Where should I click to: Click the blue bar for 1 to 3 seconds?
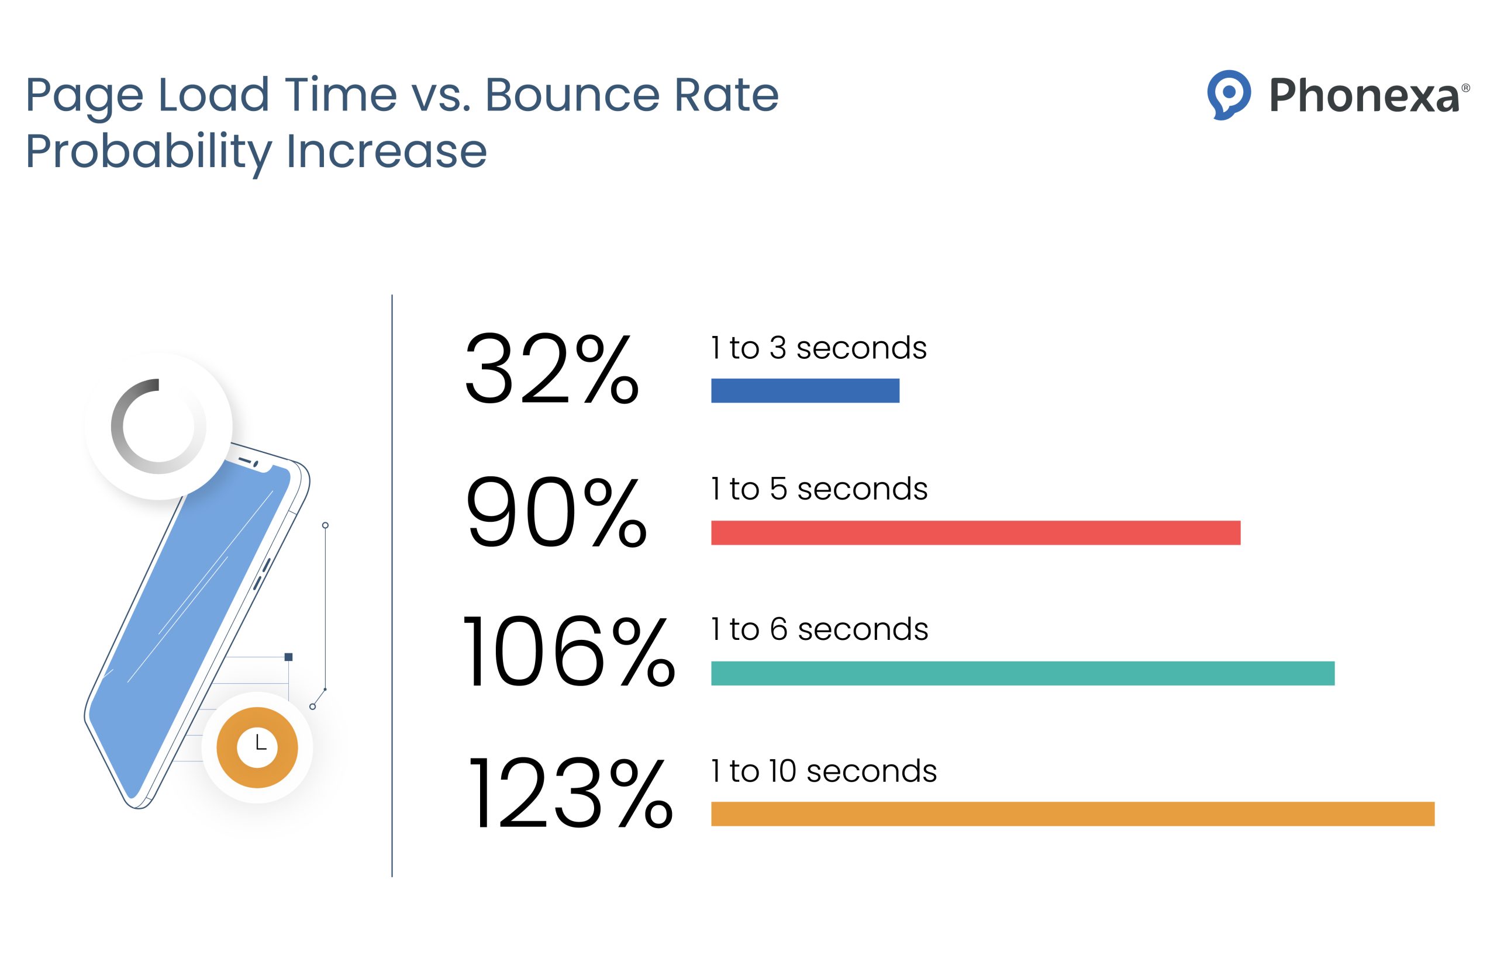[x=805, y=390]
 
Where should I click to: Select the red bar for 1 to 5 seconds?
[x=975, y=532]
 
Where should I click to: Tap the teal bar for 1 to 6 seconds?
[x=1022, y=673]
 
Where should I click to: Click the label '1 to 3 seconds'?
[x=818, y=348]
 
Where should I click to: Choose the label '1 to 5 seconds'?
[x=819, y=489]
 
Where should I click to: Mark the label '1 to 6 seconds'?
[x=819, y=629]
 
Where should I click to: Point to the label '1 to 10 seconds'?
[x=823, y=771]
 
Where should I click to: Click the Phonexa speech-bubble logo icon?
[x=1229, y=94]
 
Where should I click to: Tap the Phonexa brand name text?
[x=1364, y=96]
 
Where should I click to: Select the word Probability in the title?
[x=149, y=151]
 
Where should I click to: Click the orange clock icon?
[x=257, y=747]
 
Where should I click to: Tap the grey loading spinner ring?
[x=158, y=426]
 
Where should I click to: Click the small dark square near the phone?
[x=288, y=657]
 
